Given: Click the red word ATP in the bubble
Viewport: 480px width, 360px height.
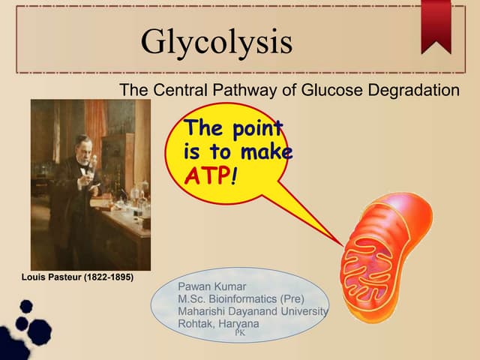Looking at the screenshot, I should tap(206, 175).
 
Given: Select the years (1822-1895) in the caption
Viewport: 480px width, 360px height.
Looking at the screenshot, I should tap(109, 277).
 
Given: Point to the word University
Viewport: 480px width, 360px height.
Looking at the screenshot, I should tap(304, 311).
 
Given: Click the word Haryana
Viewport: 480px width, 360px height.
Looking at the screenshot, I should tap(238, 324).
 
